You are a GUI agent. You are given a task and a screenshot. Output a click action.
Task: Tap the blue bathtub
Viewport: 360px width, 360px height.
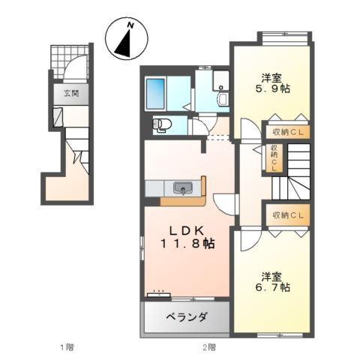pos(157,92)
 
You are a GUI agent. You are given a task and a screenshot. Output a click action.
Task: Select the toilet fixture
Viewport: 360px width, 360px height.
pos(160,125)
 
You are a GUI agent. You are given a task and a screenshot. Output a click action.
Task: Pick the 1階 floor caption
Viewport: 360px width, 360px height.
pos(67,347)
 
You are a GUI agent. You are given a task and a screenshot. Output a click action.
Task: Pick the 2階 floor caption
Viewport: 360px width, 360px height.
pos(208,347)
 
